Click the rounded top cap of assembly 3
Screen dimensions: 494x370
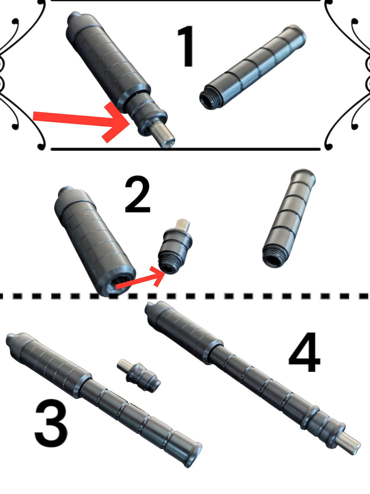(14, 340)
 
